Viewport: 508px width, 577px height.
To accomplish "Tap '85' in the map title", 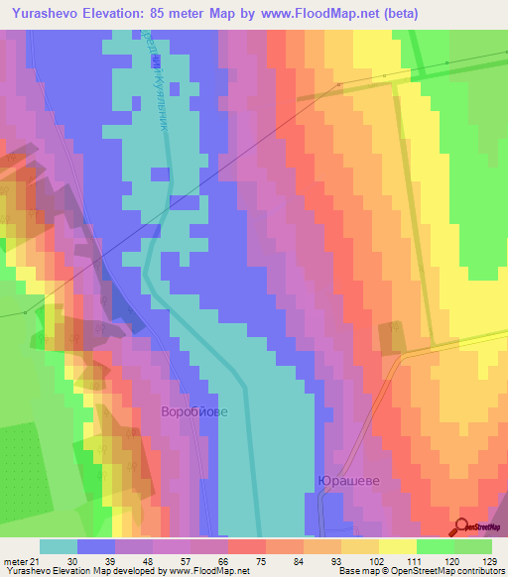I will (175, 14).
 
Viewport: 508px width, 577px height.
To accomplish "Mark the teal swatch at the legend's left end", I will (59, 546).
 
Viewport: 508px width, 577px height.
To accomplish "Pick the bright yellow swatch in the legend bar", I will (397, 546).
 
